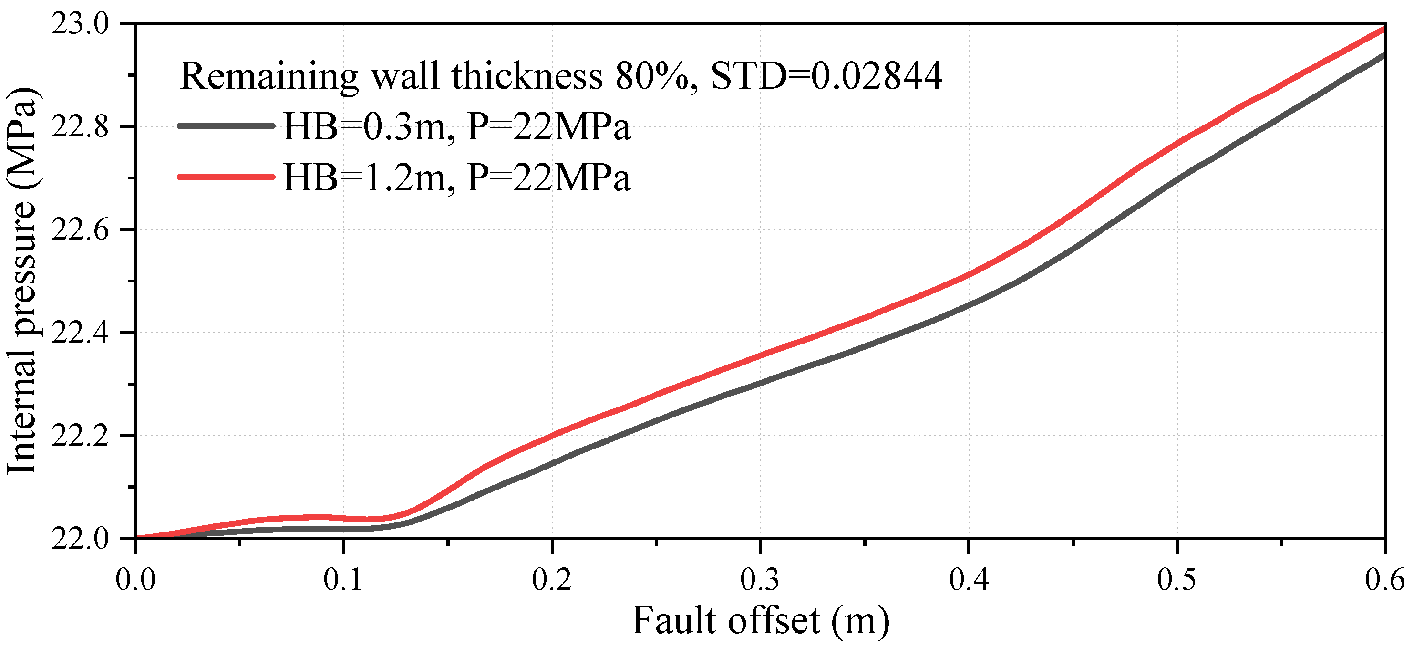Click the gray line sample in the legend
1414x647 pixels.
click(x=226, y=126)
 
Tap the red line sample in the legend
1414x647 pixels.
click(x=226, y=177)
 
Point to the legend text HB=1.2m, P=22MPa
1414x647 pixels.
click(x=457, y=177)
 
